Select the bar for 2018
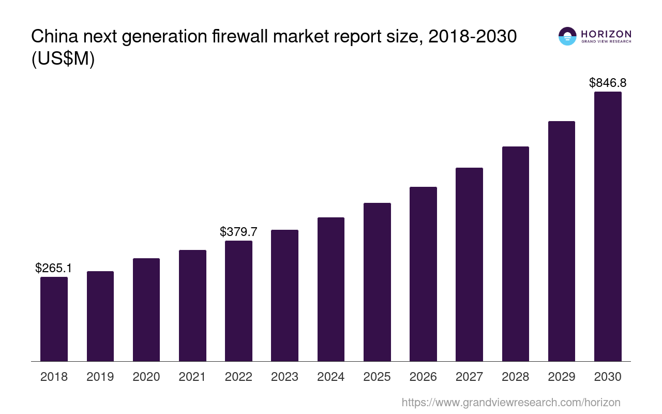coord(54,319)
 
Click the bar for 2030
coord(608,226)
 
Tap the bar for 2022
coord(238,301)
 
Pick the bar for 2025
coord(377,282)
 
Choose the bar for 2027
coord(469,264)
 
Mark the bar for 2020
coord(146,309)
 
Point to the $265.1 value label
coord(54,268)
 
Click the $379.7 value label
coord(238,232)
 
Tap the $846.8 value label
coord(608,83)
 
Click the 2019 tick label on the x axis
coord(100,377)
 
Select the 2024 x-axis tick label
coord(331,377)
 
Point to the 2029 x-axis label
coord(562,377)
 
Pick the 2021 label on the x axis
coord(192,377)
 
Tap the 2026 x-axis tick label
coord(423,377)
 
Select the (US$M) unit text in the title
coord(63,60)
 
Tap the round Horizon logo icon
coord(567,36)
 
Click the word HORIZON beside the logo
coord(606,34)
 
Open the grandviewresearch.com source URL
coord(511,402)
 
